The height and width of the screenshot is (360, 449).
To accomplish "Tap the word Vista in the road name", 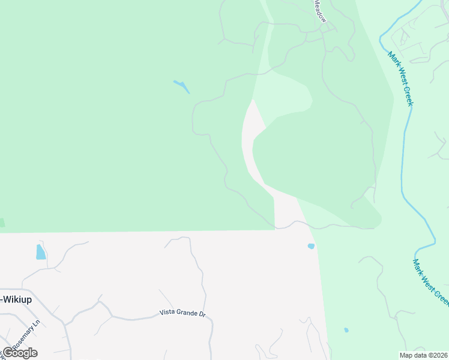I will click(167, 313).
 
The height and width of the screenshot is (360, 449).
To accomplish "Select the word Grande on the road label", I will click(188, 313).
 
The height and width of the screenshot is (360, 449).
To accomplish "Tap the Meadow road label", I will click(319, 8).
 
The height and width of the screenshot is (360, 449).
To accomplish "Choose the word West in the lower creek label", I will click(429, 282).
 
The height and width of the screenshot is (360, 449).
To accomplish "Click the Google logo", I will click(20, 353).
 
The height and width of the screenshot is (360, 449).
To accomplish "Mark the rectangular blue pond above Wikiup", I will click(40, 251).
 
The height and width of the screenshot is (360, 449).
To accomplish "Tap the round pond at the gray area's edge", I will click(311, 246).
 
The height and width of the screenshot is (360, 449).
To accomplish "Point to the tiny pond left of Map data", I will click(346, 329).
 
